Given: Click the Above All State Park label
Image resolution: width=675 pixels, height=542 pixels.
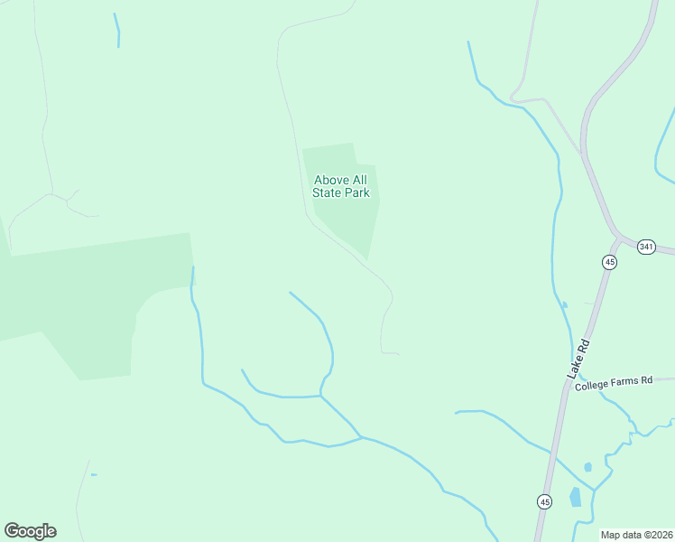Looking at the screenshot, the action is coord(340,186).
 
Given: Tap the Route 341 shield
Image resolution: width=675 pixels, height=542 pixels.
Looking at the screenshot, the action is coord(645,247).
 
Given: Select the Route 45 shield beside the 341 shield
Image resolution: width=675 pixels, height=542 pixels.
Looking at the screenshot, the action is coord(609,262).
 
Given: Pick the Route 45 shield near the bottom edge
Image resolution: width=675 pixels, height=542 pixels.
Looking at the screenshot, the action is coord(544,500).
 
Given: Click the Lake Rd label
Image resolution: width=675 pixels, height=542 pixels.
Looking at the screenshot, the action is coord(578,359).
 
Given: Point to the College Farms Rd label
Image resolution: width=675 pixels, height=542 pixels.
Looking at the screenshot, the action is coord(613,382).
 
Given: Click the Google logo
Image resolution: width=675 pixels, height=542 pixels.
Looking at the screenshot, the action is coord(30,531).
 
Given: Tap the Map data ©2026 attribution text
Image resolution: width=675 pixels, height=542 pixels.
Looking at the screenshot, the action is coord(636,535).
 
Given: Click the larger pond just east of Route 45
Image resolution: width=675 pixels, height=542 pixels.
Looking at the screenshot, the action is coord(575,497).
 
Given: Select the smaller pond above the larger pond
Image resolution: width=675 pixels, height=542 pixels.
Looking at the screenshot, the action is coord(587,467).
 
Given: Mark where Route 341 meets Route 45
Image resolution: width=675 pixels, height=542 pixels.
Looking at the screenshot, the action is coord(617,241).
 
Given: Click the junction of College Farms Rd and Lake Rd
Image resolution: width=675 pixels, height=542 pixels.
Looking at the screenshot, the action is coord(568,386).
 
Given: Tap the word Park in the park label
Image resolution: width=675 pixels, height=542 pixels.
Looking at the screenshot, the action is coord(356,192).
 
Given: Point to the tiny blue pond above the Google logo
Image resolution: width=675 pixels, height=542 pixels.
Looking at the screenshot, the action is coord(93,474).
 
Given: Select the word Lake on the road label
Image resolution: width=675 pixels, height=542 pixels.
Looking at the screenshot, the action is coord(573,367).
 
